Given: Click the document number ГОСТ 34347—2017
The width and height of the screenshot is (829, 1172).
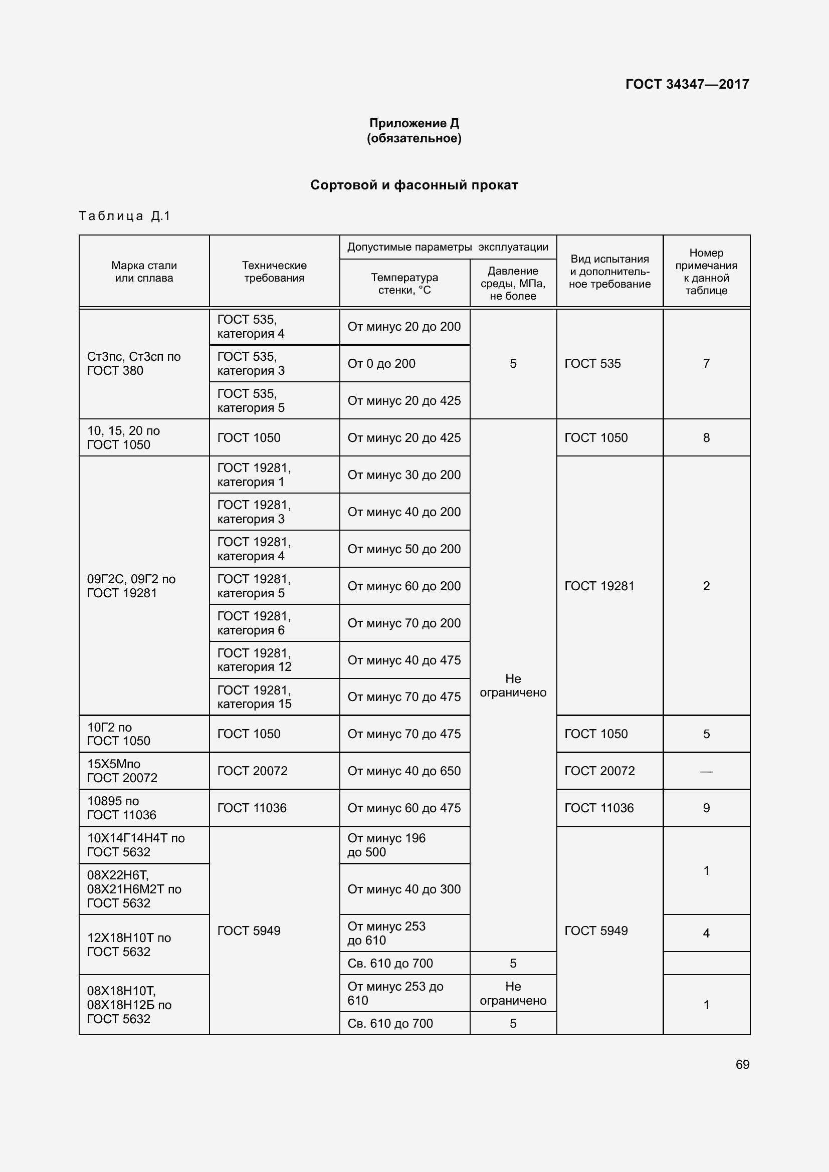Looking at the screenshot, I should [687, 84].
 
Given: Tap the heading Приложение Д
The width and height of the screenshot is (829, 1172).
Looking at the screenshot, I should [414, 123].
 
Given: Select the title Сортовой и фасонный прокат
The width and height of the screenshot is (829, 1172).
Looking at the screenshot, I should [414, 185].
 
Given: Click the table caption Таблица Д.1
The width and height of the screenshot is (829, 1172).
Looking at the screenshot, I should [125, 216].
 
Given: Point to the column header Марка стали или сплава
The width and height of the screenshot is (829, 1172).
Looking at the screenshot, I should [144, 272].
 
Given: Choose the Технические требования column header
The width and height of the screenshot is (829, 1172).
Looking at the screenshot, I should [274, 272].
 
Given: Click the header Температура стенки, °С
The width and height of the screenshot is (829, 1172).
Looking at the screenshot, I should [404, 283].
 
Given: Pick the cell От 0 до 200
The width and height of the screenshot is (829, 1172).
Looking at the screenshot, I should [381, 363].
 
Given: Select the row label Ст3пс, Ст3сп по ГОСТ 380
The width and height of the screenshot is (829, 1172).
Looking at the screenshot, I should [134, 363].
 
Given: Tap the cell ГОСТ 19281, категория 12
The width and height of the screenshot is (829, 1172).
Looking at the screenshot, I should [254, 659].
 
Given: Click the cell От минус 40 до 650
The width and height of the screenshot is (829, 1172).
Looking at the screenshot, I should [404, 771].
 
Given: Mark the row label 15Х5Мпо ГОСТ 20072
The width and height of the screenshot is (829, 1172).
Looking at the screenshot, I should [122, 771].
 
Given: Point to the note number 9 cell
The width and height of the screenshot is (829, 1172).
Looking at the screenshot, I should [706, 808].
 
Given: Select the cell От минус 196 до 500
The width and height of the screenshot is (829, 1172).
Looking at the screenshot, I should [386, 845].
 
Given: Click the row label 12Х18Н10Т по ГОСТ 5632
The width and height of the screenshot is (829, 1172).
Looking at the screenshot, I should [129, 945].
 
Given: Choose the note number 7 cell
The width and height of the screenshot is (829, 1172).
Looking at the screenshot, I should [706, 363].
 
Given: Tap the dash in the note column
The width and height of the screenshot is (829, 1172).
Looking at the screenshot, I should [706, 771].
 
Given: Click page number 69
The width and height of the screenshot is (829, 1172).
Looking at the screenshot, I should [742, 1064].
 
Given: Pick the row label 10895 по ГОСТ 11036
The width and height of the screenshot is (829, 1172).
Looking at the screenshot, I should [121, 808].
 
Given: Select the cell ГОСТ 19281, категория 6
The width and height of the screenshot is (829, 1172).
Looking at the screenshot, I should [254, 623].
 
